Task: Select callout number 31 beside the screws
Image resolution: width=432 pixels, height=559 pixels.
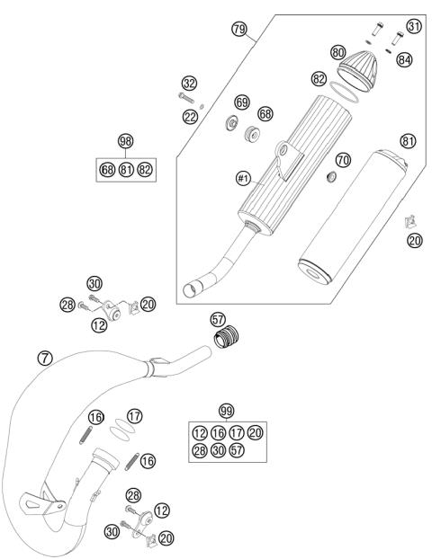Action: [413, 27]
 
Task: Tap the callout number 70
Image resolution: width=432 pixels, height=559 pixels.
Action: [342, 160]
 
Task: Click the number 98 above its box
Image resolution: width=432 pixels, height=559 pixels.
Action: [126, 141]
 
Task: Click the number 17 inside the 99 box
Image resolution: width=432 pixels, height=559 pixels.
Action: [237, 431]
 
